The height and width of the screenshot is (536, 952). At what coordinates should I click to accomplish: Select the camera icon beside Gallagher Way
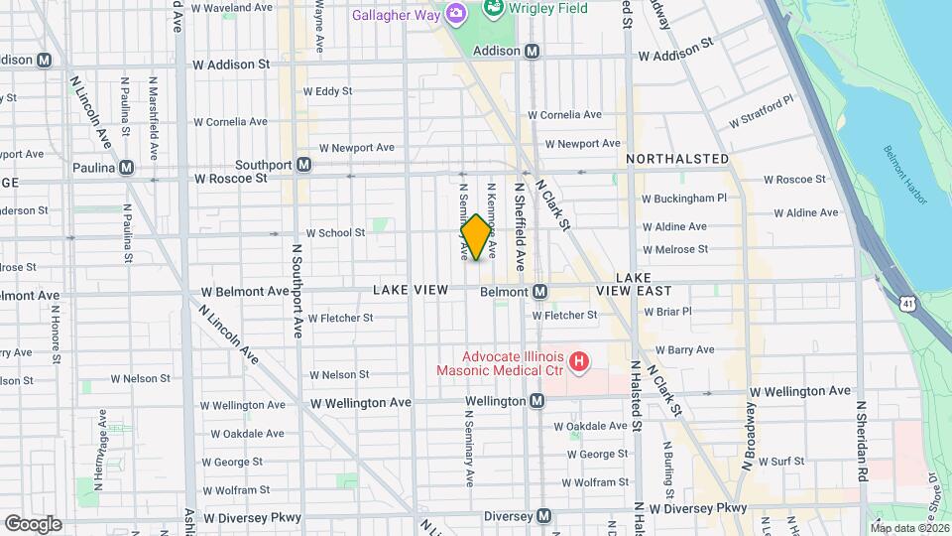456,13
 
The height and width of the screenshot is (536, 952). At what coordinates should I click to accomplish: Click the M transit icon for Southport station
304,165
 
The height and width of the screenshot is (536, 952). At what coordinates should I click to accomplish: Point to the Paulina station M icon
126,168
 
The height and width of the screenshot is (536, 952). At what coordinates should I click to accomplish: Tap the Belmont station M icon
539,292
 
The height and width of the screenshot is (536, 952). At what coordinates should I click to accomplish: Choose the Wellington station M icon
536,401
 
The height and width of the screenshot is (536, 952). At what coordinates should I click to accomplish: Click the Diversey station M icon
543,516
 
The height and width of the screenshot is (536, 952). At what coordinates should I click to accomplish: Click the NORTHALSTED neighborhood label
677,159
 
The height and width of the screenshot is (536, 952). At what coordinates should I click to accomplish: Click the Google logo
33,524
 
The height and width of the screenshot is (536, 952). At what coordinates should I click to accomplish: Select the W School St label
335,233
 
